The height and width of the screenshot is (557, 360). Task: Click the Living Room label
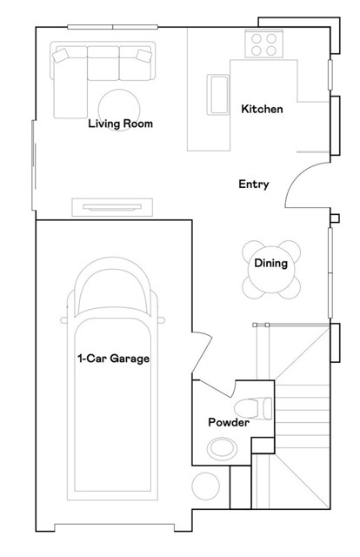pyautogui.click(x=120, y=124)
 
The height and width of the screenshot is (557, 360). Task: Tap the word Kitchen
pyautogui.click(x=262, y=109)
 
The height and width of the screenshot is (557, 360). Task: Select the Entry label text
pyautogui.click(x=254, y=184)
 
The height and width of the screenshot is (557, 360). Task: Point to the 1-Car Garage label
pyautogui.click(x=114, y=359)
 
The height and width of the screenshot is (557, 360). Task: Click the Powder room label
pyautogui.click(x=229, y=422)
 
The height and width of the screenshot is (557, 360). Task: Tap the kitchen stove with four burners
pyautogui.click(x=263, y=44)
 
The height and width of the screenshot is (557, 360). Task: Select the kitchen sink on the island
pyautogui.click(x=217, y=95)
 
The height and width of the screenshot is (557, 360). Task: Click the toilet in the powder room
pyautogui.click(x=253, y=408)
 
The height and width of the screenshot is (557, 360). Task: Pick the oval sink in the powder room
pyautogui.click(x=223, y=449)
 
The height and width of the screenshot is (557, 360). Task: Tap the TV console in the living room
pyautogui.click(x=112, y=207)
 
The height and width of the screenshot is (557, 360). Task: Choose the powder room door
pyautogui.click(x=217, y=389)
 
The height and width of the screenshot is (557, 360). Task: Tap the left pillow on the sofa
pyautogui.click(x=60, y=56)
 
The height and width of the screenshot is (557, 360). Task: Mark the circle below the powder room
pyautogui.click(x=206, y=486)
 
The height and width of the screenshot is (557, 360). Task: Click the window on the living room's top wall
pyautogui.click(x=112, y=27)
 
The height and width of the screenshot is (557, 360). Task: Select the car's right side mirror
pyautogui.click(x=161, y=320)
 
